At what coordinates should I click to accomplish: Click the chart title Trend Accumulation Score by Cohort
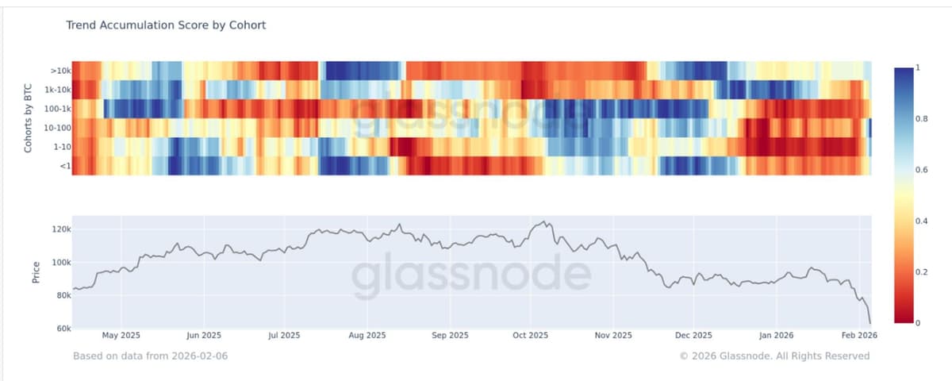click(165, 25)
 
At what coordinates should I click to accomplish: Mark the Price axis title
click(36, 272)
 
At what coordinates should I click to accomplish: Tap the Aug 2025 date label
click(367, 336)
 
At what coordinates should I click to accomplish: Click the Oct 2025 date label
click(531, 336)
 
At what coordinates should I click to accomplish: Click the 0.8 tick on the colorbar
click(921, 119)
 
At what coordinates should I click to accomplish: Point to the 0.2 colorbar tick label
click(921, 272)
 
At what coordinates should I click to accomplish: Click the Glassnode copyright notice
click(774, 356)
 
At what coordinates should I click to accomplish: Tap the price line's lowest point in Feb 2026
click(870, 323)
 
